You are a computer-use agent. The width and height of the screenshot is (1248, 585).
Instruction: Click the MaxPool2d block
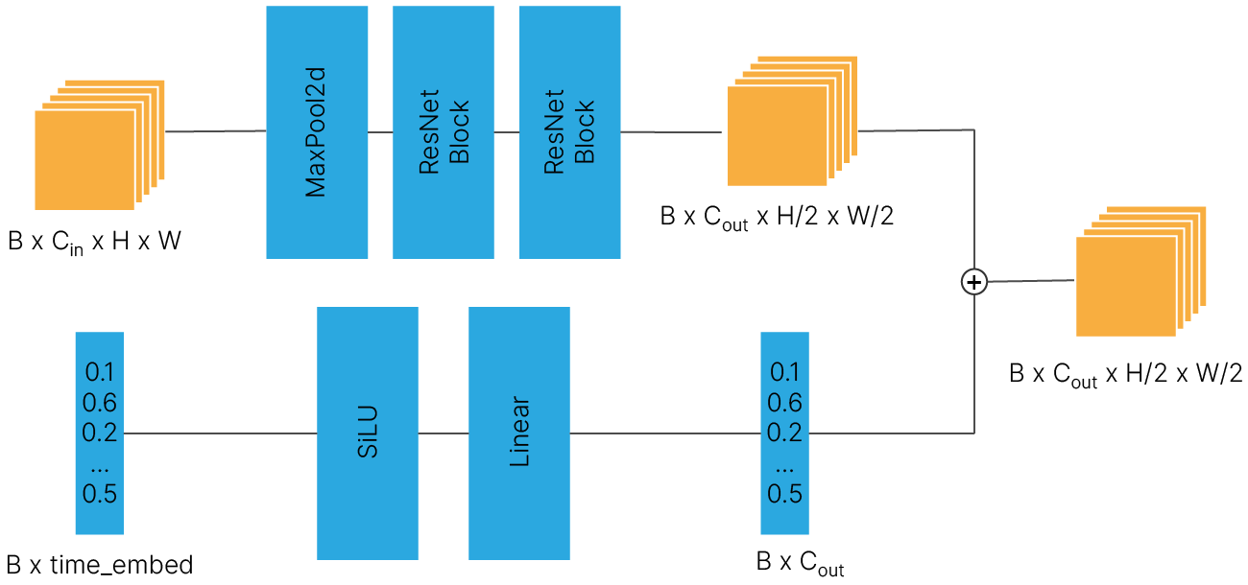pyautogui.click(x=317, y=132)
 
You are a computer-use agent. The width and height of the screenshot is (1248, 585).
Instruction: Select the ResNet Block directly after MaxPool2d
pyautogui.click(x=443, y=132)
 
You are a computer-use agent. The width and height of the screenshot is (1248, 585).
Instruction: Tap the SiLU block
pyautogui.click(x=367, y=433)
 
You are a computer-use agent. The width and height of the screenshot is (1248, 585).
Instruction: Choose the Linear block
pyautogui.click(x=518, y=433)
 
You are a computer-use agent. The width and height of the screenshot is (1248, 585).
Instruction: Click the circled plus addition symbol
pyautogui.click(x=973, y=282)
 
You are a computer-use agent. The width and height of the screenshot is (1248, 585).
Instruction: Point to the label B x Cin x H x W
pyautogui.click(x=94, y=242)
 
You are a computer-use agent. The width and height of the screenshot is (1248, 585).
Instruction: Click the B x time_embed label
pyautogui.click(x=100, y=565)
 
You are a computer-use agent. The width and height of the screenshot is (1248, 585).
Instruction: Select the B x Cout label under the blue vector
pyautogui.click(x=800, y=564)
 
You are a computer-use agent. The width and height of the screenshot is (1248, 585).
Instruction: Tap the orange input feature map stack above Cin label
pyautogui.click(x=100, y=145)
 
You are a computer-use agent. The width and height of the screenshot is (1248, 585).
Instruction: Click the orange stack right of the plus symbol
pyautogui.click(x=1141, y=271)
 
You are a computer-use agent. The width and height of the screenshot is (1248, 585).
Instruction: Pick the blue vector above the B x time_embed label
pyautogui.click(x=100, y=433)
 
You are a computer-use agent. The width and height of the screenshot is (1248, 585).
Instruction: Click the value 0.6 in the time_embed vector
pyautogui.click(x=100, y=403)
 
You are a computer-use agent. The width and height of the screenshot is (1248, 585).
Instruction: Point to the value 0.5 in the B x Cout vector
pyautogui.click(x=784, y=494)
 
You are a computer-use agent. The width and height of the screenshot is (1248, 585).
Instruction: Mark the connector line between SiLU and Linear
pyautogui.click(x=444, y=433)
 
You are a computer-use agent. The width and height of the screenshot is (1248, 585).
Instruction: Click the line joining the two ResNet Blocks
pyautogui.click(x=507, y=132)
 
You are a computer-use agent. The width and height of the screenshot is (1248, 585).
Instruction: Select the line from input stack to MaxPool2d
pyautogui.click(x=216, y=131)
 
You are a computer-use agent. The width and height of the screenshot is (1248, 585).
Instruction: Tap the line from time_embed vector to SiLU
pyautogui.click(x=220, y=433)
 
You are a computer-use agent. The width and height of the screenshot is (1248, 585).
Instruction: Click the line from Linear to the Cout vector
pyautogui.click(x=665, y=433)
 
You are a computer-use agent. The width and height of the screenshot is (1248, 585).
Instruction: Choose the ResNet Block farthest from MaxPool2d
pyautogui.click(x=569, y=132)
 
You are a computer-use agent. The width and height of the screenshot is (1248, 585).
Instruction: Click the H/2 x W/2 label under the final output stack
pyautogui.click(x=1184, y=373)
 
